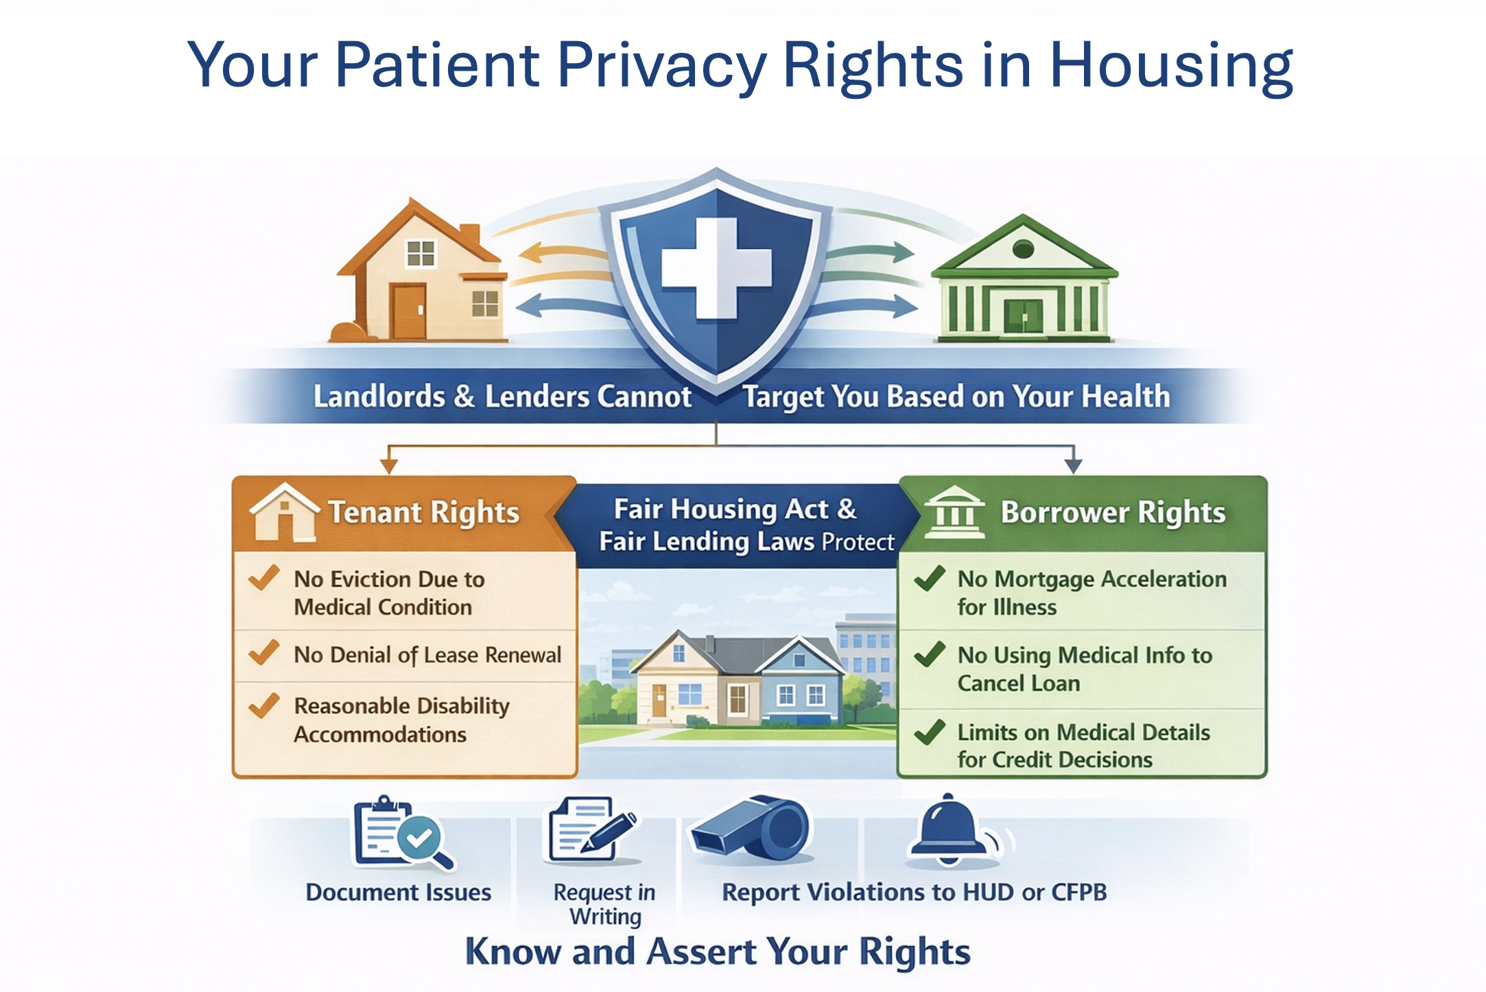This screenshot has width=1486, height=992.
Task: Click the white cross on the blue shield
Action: [716, 268]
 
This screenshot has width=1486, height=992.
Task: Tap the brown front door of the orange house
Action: [408, 312]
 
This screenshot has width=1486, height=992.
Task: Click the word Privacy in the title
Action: [661, 65]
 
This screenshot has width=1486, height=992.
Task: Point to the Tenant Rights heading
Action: [424, 512]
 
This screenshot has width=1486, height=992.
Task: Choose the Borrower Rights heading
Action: [1113, 512]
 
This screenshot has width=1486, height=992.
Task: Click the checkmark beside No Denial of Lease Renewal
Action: [263, 652]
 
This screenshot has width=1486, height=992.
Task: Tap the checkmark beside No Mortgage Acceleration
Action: [930, 578]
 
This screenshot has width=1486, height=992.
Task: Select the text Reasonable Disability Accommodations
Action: [401, 720]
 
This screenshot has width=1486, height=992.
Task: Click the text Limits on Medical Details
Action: [1083, 732]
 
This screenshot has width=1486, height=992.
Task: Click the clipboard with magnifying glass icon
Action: [402, 833]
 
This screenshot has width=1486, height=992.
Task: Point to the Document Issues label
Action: [399, 892]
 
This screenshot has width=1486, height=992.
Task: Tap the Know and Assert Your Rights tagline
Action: [718, 952]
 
